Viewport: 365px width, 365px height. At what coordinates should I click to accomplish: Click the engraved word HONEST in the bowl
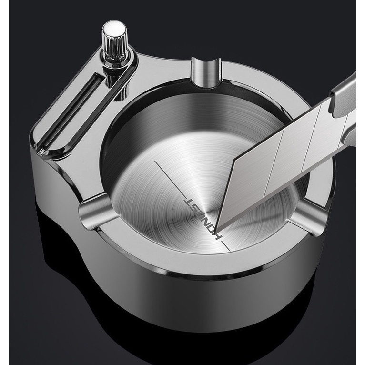[x=202, y=218]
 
